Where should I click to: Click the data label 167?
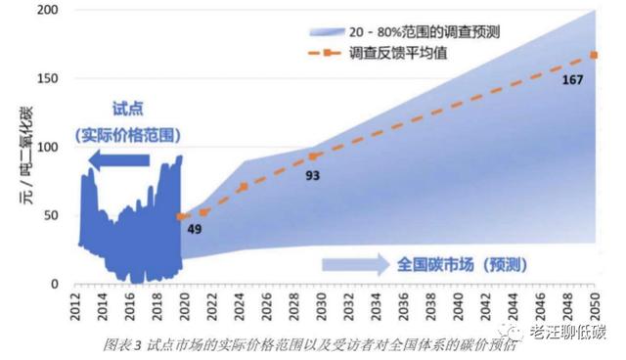click(x=573, y=80)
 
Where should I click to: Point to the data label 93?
click(x=312, y=175)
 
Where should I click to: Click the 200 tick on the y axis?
click(x=47, y=11)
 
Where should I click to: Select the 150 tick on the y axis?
click(x=47, y=79)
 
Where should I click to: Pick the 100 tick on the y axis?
click(x=47, y=148)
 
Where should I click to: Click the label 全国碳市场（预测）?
click(x=464, y=264)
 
